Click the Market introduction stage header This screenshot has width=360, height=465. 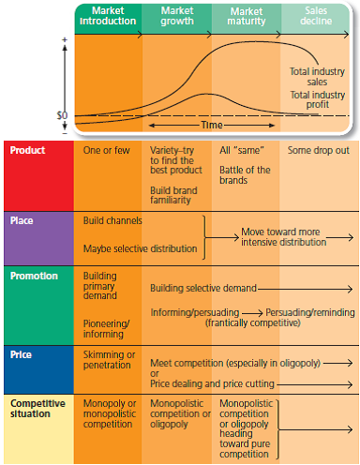click(x=108, y=15)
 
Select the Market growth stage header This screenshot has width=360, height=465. click(x=176, y=15)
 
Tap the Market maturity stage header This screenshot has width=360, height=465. click(x=246, y=15)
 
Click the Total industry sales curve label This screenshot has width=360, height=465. click(x=315, y=75)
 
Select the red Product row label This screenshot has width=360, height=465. click(x=28, y=150)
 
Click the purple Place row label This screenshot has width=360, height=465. click(x=23, y=221)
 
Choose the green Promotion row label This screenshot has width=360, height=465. click(x=33, y=277)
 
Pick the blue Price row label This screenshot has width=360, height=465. click(x=22, y=355)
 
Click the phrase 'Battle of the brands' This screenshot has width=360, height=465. click(x=245, y=174)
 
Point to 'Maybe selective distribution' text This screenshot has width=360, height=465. click(x=141, y=248)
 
